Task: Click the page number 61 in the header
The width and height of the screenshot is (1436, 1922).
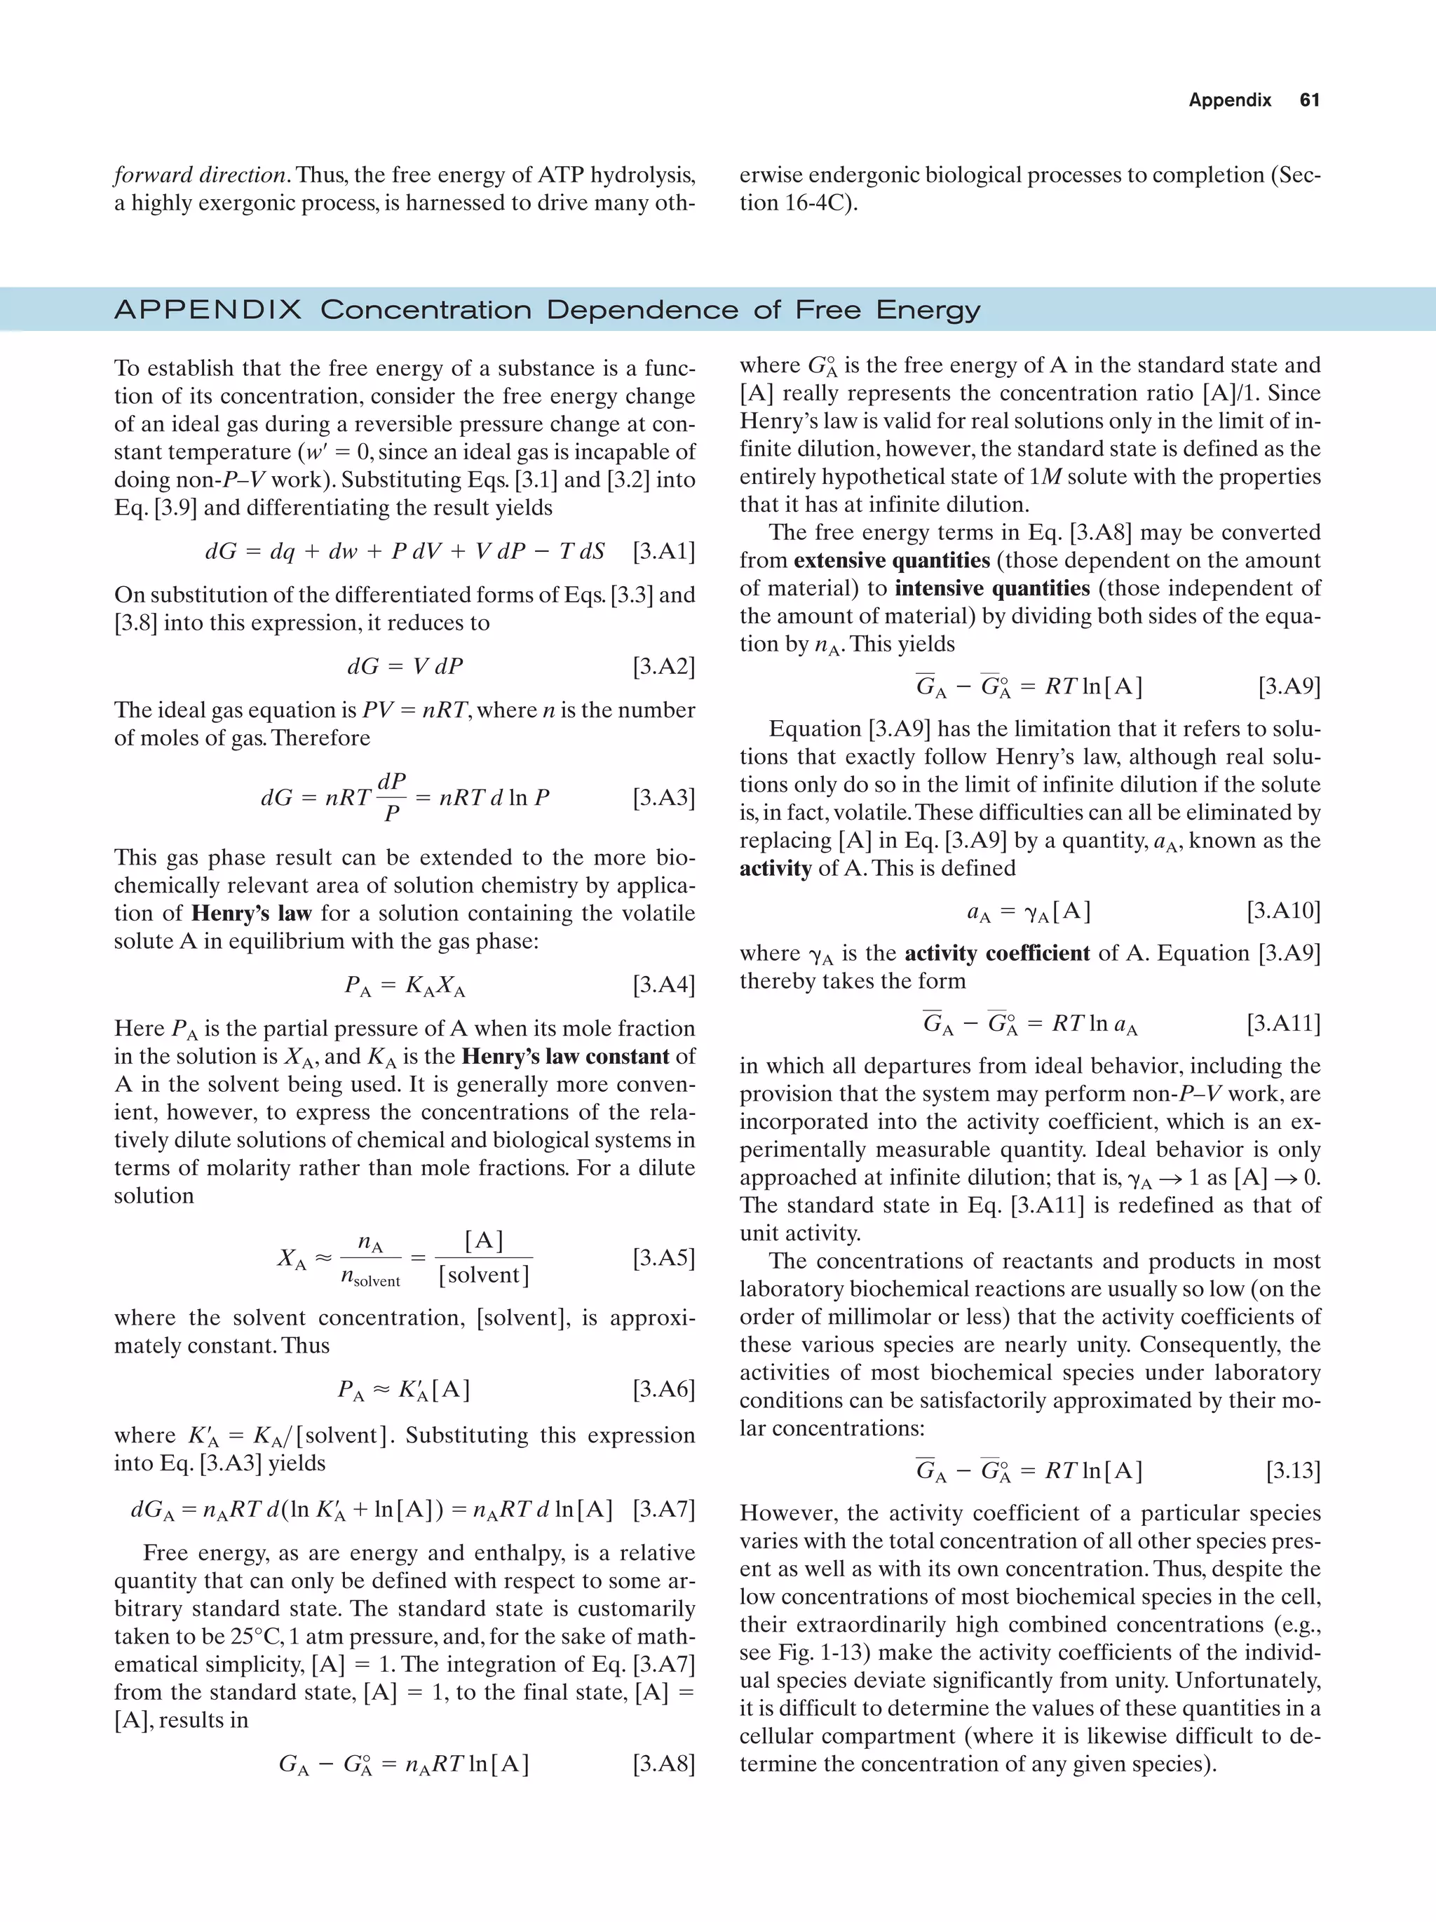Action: pyautogui.click(x=1309, y=100)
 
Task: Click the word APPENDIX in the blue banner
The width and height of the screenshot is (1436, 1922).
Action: pyautogui.click(x=208, y=310)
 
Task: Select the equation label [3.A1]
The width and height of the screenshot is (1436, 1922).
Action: pyautogui.click(x=664, y=551)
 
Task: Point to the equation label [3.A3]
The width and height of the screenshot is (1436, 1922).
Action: pyautogui.click(x=664, y=798)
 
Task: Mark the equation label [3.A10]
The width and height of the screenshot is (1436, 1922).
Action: pyautogui.click(x=1283, y=911)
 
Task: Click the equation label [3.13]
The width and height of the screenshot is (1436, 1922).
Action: pyautogui.click(x=1293, y=1470)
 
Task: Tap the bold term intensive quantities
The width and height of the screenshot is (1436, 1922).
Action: pyautogui.click(x=992, y=588)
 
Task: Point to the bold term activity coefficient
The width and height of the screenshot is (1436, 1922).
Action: pyautogui.click(x=996, y=953)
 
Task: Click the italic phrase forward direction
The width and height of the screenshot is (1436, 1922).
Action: pyautogui.click(x=201, y=175)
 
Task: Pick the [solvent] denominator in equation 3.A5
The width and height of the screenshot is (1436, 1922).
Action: pyautogui.click(x=484, y=1275)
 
